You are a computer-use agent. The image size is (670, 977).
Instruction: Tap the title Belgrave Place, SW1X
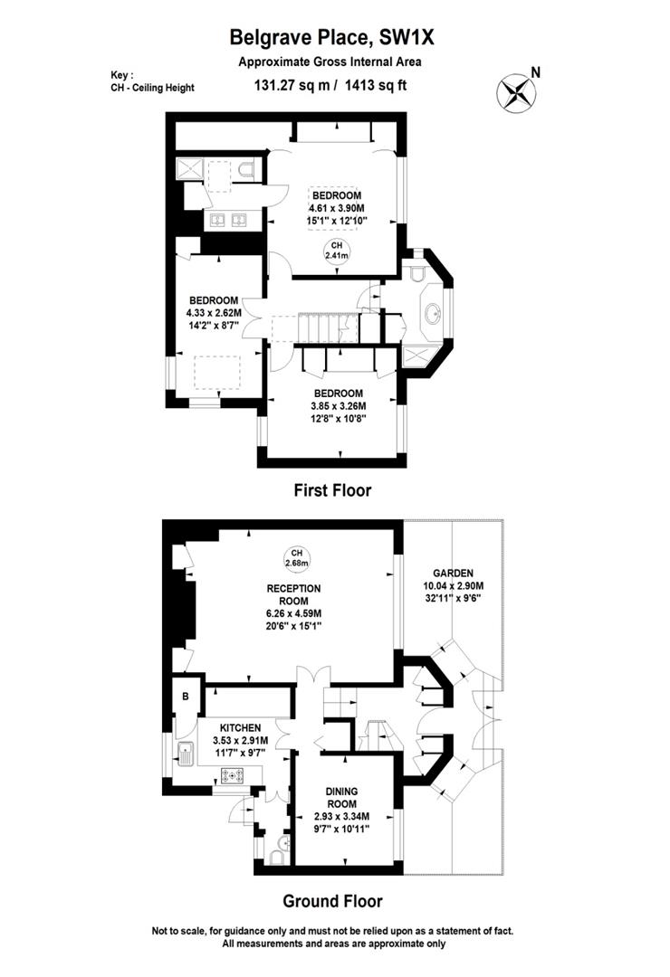coord(332,37)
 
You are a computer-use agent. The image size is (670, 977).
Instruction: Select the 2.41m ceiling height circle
coord(336,251)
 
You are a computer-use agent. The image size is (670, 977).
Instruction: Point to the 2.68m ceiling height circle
coord(296,558)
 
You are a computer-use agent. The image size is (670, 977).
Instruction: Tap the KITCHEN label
coord(239,727)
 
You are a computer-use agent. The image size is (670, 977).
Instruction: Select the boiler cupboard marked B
coord(186,697)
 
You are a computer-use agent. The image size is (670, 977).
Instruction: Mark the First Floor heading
coord(332,490)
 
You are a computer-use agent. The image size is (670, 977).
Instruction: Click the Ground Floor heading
coord(332,901)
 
